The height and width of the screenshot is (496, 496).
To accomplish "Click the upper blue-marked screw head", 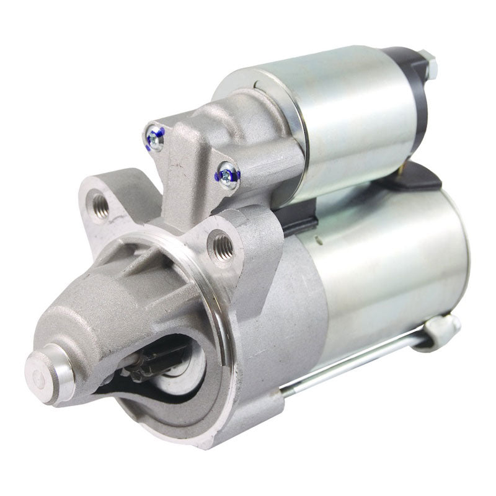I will [154, 139].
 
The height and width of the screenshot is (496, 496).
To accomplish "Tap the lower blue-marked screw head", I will [228, 175].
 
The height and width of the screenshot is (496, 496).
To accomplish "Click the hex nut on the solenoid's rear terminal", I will [428, 64].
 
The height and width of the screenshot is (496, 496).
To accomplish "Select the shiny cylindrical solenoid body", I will [347, 118].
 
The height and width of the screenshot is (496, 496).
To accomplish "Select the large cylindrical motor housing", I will [384, 267].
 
